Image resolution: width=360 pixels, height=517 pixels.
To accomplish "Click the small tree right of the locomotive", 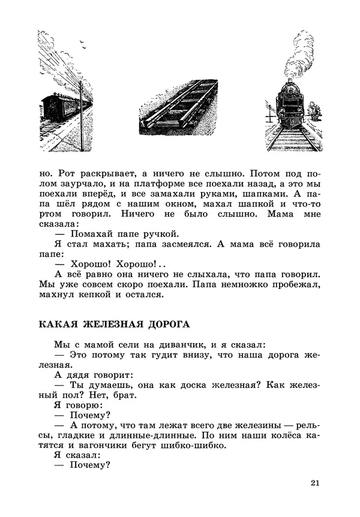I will [x=316, y=112].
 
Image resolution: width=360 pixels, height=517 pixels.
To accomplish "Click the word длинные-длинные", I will [x=151, y=435].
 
